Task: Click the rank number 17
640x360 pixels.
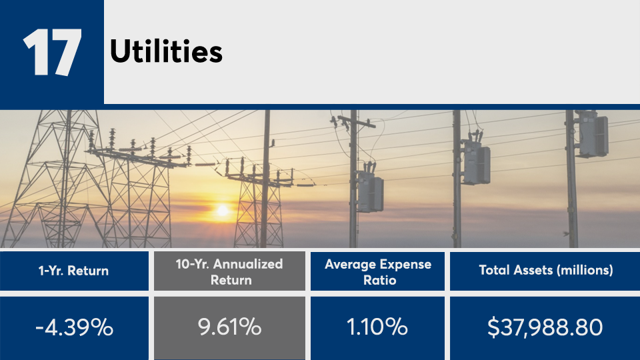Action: (x=52, y=52)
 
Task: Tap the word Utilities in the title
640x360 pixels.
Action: (x=166, y=51)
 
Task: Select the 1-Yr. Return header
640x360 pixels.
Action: (x=73, y=271)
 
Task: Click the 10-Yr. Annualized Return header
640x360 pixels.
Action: (x=229, y=272)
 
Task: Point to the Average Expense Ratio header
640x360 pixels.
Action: (x=378, y=272)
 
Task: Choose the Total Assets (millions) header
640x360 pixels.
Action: (x=546, y=270)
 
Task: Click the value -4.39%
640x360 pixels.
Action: (x=74, y=327)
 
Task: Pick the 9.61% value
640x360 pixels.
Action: (x=229, y=327)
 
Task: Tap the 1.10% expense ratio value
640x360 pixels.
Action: (x=377, y=327)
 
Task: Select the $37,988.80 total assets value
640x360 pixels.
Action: (x=545, y=327)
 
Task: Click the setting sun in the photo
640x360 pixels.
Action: (x=223, y=211)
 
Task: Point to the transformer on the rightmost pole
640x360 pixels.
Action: (x=592, y=134)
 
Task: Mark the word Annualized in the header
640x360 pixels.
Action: (x=248, y=264)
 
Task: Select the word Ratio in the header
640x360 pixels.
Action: (x=379, y=280)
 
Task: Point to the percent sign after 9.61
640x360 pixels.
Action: (x=250, y=327)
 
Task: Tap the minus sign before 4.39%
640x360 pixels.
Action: (x=39, y=329)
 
